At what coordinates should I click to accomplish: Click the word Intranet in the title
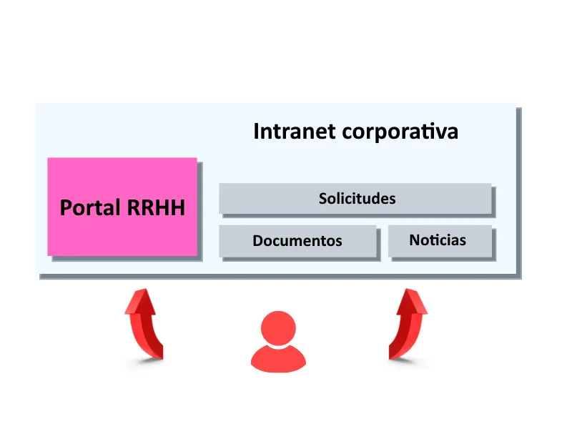pos(294,132)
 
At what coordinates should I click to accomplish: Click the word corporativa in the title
pos(400,132)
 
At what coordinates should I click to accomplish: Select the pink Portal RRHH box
pos(122,207)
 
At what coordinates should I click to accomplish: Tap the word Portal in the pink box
pos(90,207)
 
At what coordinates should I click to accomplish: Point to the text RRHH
pos(156,208)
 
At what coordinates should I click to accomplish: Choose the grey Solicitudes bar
pos(355,199)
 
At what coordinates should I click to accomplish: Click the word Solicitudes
pos(357,199)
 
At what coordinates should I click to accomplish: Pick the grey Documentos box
pos(297,241)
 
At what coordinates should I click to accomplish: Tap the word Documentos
pos(297,241)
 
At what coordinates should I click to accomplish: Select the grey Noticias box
pos(440,241)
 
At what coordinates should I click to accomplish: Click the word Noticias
pos(438,240)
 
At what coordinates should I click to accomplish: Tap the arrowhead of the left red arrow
pos(141,301)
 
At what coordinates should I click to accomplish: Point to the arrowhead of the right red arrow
pos(412,301)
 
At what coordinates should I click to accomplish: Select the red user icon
pos(278,342)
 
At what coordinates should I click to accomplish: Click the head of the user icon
pos(278,328)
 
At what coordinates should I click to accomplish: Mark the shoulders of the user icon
pos(278,360)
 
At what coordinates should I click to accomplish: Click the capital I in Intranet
pos(256,132)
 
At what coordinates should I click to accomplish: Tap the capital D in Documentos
pos(258,241)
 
